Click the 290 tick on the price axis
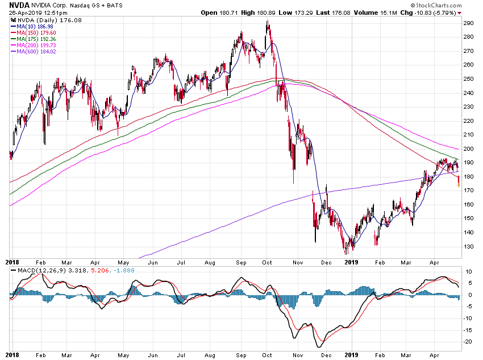tap(469, 23)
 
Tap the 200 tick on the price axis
tap(469, 148)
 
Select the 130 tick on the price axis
tap(469, 246)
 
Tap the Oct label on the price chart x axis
tap(268, 262)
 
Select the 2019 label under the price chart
tap(352, 262)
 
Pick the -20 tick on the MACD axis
tap(469, 342)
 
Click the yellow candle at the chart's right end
tap(459, 182)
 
